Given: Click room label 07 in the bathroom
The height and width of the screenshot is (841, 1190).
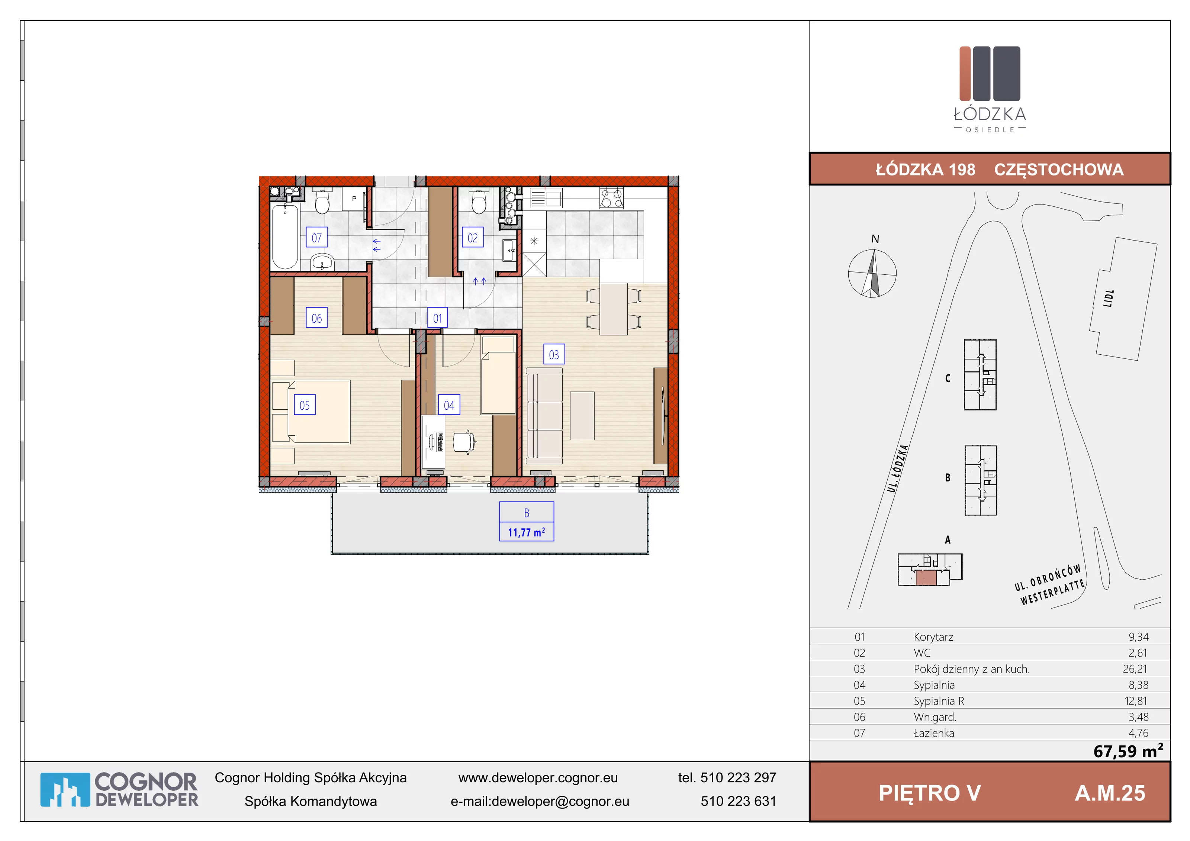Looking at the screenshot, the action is [x=317, y=238].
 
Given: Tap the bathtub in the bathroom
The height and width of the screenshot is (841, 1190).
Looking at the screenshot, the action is [x=285, y=236].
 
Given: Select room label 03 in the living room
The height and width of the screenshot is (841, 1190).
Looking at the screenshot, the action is [x=554, y=354].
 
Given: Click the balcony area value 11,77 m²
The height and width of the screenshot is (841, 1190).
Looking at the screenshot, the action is [x=527, y=532].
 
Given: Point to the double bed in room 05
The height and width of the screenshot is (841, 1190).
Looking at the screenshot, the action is [x=311, y=412].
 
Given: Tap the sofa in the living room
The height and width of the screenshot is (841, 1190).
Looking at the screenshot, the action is [x=544, y=416].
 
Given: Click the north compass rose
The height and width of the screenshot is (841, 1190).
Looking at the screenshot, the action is [x=872, y=273].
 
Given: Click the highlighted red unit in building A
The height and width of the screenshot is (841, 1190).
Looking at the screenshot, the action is [x=926, y=578].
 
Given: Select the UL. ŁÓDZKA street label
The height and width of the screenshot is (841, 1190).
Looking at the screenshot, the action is [x=898, y=468].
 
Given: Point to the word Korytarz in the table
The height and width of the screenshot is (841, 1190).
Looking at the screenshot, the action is [x=933, y=637].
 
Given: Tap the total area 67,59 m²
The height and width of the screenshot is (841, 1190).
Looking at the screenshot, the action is [x=1128, y=751].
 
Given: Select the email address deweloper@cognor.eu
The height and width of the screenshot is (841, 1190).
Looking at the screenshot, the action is [x=560, y=801].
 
